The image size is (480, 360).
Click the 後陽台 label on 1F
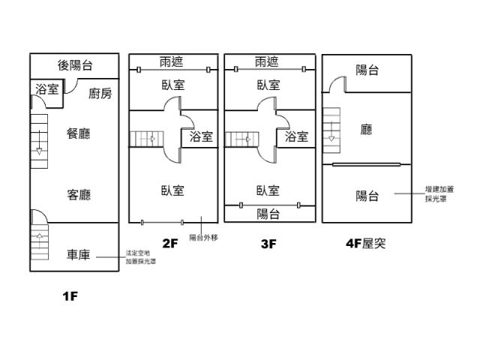point(75,66)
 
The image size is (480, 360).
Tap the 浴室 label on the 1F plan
point(47,90)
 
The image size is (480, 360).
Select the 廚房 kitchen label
point(100,94)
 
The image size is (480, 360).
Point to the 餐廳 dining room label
point(79,134)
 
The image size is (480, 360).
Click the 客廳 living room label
point(79,195)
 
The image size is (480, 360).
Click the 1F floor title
point(70,296)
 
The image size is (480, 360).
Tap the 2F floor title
point(170,243)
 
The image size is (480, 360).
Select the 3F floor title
point(268,243)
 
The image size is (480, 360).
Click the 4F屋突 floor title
point(365,243)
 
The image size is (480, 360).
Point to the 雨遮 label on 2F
point(172,61)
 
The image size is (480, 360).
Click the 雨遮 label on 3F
point(268,61)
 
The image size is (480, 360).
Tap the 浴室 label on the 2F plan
point(201,137)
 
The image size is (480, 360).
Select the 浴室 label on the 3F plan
point(297,137)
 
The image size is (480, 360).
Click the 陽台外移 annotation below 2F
point(203,237)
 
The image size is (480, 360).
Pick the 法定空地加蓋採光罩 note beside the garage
point(142,257)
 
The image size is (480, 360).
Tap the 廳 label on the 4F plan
point(367,130)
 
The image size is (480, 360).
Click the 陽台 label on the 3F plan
point(268,214)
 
